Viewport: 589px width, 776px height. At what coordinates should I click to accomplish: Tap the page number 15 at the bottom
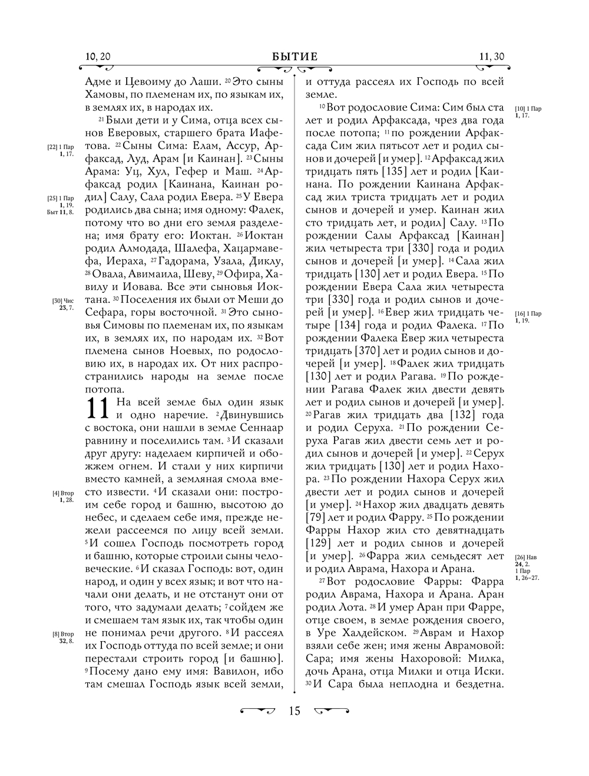[294, 711]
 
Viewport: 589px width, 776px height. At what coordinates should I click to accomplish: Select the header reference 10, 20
[97, 57]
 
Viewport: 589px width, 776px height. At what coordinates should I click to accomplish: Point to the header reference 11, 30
[492, 57]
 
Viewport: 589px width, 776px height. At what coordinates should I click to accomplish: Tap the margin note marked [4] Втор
[63, 496]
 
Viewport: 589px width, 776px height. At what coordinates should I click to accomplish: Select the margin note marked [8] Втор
[63, 637]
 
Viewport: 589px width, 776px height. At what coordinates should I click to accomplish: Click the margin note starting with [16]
[528, 316]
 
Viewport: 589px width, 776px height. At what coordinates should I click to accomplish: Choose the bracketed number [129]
[321, 543]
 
